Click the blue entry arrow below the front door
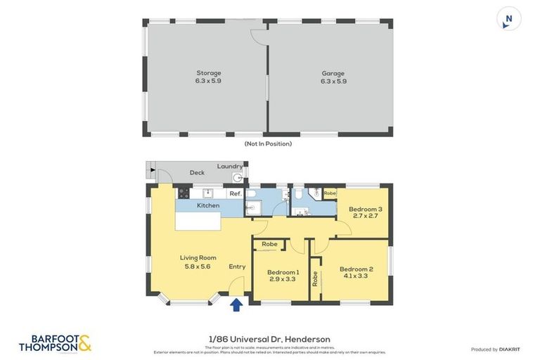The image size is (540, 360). point(236,304)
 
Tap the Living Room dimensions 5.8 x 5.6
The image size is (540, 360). point(198,266)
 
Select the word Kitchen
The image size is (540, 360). point(208,205)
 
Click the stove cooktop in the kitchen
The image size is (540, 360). point(184,193)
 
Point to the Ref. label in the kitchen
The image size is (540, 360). point(235,193)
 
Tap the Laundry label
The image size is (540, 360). point(230,166)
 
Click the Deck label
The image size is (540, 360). point(197,172)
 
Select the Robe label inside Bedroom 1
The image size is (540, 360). point(269,245)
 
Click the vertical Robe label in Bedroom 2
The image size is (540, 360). point(315,279)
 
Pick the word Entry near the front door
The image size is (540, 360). point(237,266)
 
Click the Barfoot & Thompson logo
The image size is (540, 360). point(55,342)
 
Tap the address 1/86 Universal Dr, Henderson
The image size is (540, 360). point(270,339)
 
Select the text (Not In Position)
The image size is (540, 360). point(267,143)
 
